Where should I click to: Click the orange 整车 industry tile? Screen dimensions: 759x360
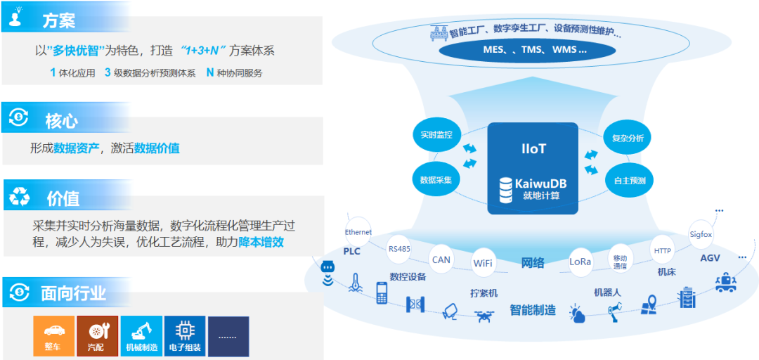tap(53, 336)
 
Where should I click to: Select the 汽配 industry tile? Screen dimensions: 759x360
tap(97, 336)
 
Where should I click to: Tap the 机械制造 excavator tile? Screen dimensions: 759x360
tap(141, 336)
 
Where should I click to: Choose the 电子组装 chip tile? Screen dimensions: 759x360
tap(185, 336)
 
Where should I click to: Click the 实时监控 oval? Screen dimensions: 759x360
tap(436, 134)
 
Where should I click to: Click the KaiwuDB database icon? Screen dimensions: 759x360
tap(505, 190)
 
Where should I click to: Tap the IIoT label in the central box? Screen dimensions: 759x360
tap(533, 148)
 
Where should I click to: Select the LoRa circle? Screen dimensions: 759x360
tap(580, 262)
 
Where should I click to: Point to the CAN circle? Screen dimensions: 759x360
tap(441, 259)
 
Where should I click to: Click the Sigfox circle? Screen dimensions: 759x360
tap(701, 234)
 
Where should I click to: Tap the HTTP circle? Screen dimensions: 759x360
tap(663, 250)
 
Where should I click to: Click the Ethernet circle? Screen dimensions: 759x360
tap(358, 232)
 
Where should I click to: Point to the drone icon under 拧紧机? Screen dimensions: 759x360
tap(484, 315)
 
